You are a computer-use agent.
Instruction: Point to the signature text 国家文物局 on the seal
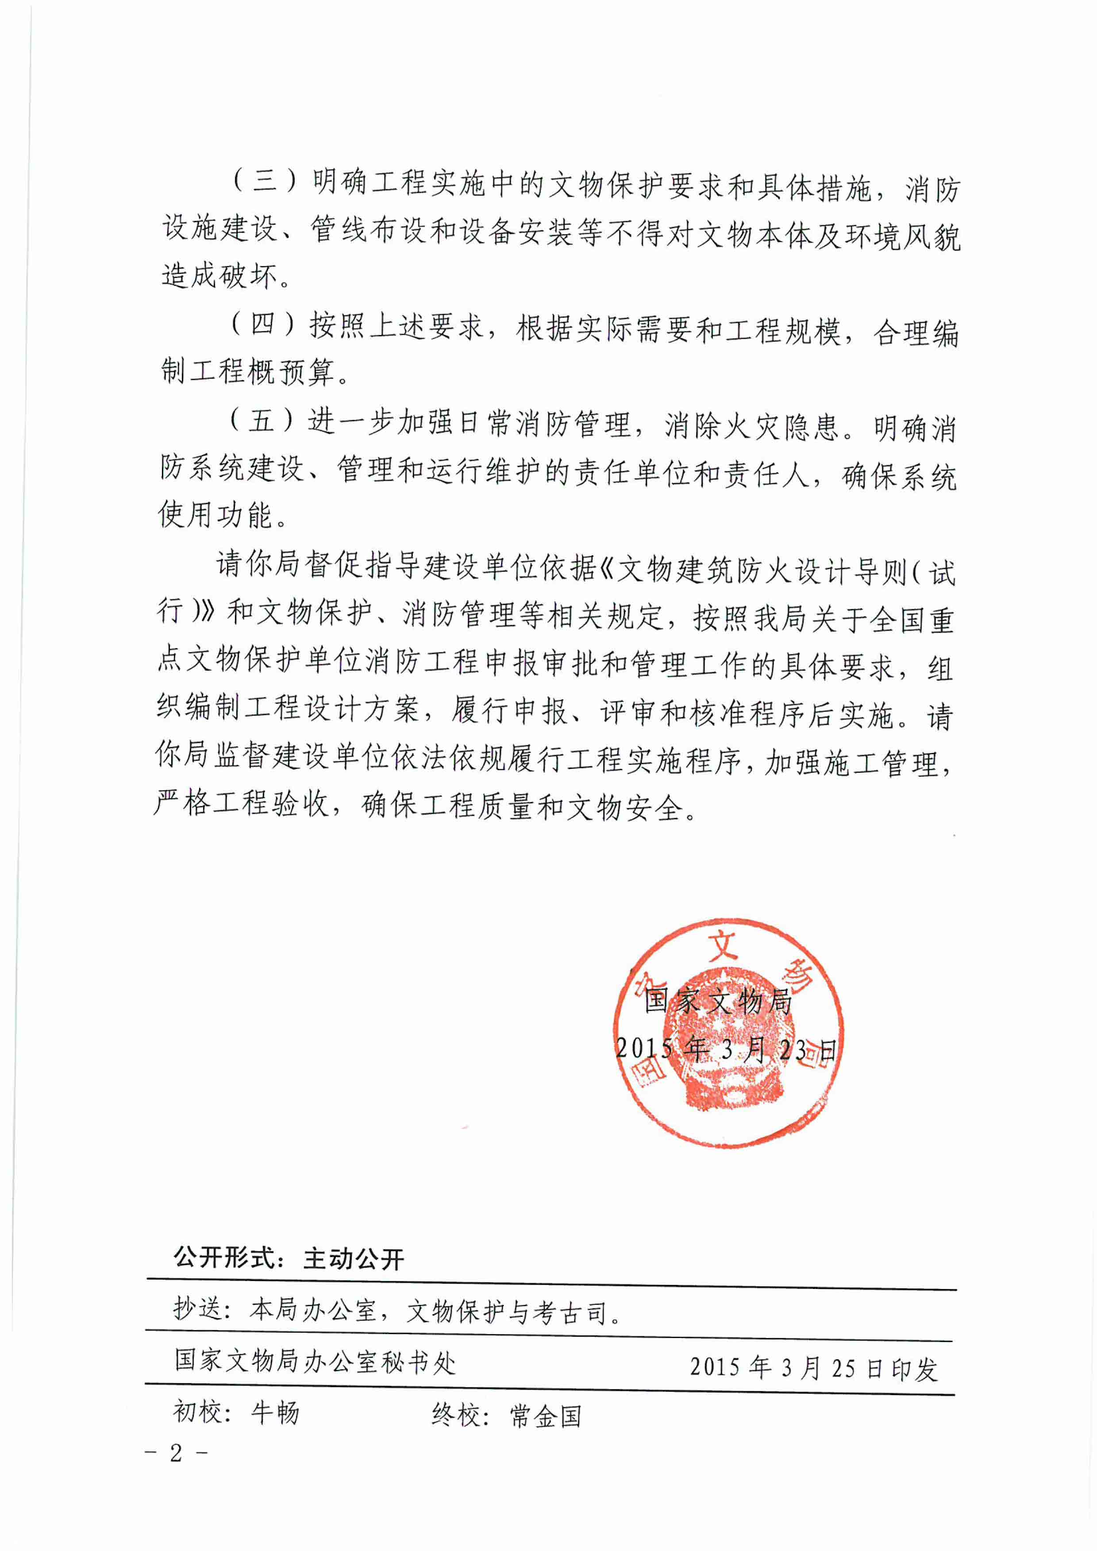(x=718, y=1001)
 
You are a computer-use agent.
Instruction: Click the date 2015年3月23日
(x=726, y=1049)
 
